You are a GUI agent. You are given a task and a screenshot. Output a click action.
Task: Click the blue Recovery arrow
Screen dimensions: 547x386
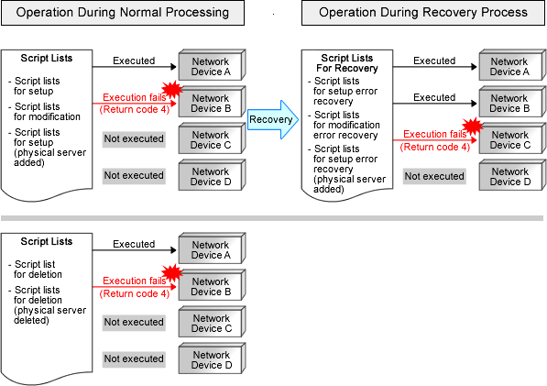273,120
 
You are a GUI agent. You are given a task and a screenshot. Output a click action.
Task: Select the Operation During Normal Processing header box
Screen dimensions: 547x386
123,13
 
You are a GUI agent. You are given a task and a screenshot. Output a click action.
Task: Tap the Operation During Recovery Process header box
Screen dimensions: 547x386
422,13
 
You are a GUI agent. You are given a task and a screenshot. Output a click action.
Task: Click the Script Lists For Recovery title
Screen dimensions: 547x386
347,63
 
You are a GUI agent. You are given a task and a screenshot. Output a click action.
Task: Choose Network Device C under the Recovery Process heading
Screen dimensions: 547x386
512,138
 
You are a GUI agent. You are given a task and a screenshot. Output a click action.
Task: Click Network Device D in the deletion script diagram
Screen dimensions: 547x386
212,358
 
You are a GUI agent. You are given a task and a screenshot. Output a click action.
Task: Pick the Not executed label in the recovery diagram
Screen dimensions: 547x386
434,176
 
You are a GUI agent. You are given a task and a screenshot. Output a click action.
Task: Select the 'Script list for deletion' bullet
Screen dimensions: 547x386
35,269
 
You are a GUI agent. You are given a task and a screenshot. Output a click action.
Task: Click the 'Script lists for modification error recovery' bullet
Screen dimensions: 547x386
344,125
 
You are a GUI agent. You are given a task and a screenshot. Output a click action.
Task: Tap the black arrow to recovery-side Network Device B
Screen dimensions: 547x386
435,104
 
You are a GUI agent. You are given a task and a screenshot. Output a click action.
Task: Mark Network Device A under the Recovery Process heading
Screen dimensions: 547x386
512,65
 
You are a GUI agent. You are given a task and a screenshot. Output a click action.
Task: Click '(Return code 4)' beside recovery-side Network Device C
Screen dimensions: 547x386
435,147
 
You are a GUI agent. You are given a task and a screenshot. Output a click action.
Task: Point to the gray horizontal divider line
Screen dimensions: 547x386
272,218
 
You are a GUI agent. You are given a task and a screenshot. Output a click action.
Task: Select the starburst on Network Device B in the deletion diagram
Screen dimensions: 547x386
172,272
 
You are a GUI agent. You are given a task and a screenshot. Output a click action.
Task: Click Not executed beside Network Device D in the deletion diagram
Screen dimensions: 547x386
134,358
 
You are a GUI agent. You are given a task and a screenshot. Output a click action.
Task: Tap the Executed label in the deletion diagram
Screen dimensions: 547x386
134,244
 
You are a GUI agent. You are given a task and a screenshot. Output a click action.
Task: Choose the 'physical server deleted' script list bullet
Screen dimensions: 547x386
47,305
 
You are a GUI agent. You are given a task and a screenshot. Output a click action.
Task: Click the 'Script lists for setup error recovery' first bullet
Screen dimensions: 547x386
343,91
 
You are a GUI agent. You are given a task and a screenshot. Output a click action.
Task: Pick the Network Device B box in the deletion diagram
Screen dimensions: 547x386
212,285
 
